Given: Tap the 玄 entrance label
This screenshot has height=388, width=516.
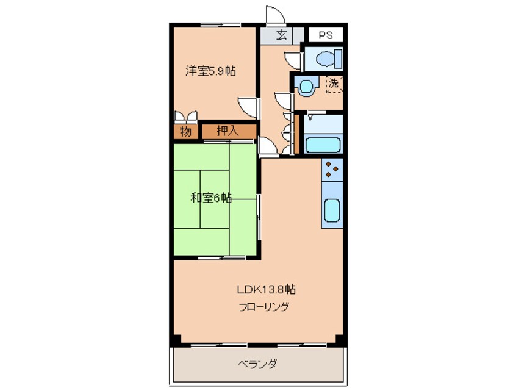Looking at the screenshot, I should point(281,35).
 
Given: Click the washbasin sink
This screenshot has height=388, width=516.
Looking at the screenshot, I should point(305,85).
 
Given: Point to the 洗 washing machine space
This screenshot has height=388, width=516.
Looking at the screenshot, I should point(334,84).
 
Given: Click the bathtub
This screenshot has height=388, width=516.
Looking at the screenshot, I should point(323,145).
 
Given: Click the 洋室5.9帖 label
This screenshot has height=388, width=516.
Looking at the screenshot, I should point(211,71).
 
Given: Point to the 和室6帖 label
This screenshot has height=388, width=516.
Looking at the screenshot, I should point(210,198).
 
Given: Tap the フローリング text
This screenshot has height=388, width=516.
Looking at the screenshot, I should point(263,306).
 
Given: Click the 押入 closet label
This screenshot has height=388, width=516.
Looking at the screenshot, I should point(228,131).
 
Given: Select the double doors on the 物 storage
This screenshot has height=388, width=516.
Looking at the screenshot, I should point(185,116).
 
